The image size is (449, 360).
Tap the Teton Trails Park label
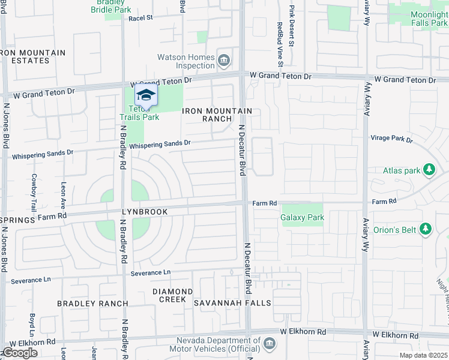tap(142, 113)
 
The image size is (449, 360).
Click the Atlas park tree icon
tap(429, 170)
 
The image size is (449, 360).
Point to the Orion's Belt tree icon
tap(426, 229)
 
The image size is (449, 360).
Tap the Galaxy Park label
tap(303, 218)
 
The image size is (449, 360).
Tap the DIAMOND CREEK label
tap(172, 295)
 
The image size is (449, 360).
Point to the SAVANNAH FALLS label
tap(232, 303)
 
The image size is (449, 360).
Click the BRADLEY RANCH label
tap(92, 304)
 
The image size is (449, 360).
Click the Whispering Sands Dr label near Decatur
tap(160, 144)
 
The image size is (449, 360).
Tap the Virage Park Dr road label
tap(391, 139)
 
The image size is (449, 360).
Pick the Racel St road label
tap(141, 18)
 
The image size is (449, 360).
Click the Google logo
tap(19, 353)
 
